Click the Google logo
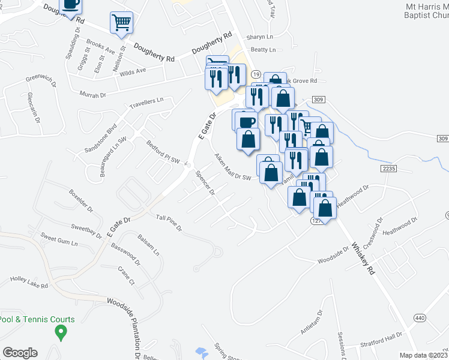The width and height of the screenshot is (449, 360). pyautogui.click(x=20, y=353)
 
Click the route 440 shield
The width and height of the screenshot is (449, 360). pyautogui.click(x=418, y=317)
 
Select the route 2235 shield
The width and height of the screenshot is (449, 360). pyautogui.click(x=388, y=170)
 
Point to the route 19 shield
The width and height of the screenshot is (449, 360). pyautogui.click(x=256, y=74)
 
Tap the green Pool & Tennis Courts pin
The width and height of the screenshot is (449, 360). pyautogui.click(x=61, y=332)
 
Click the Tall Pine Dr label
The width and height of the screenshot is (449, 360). pyautogui.click(x=169, y=222)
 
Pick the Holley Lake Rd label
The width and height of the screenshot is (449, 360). pyautogui.click(x=29, y=282)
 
